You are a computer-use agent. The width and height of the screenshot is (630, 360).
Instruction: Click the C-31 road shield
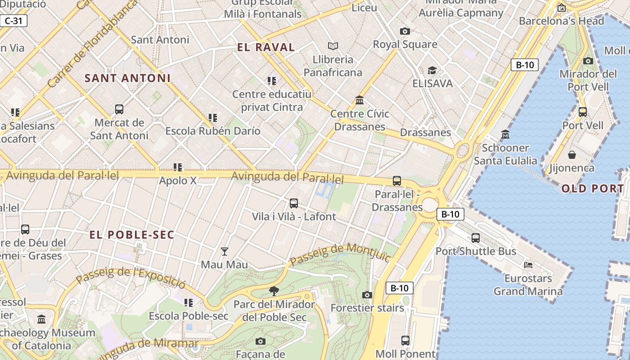[13, 21]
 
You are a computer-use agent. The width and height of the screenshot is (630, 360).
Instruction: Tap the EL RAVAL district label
[266, 47]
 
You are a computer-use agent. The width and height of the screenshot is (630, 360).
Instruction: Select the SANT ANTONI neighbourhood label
[128, 78]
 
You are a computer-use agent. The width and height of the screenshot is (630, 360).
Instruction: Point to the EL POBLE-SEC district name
[132, 234]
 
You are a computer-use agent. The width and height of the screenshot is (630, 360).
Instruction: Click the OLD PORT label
[593, 189]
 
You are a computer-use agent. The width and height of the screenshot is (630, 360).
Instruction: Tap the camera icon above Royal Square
[405, 31]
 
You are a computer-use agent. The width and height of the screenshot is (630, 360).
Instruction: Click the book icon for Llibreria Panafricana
[333, 46]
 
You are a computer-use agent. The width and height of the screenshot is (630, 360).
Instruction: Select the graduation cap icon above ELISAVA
[432, 70]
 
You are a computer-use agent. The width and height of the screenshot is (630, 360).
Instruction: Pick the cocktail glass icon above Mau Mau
[224, 251]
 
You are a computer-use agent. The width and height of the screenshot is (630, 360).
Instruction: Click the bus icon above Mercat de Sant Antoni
[119, 109]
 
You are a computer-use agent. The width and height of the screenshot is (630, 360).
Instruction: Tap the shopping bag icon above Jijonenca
[571, 155]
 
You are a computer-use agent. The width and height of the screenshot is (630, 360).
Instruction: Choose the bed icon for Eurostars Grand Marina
[528, 265]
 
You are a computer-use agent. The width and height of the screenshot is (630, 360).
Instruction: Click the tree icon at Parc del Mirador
[274, 291]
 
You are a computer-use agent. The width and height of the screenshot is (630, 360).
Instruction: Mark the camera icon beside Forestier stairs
[367, 295]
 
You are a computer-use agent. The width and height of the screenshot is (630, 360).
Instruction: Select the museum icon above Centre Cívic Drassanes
[359, 100]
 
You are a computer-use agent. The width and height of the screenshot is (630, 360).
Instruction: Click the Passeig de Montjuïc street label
[340, 254]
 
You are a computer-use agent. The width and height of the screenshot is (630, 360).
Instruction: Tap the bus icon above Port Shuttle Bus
[476, 238]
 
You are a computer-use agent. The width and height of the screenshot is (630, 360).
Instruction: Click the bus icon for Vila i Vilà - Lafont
[294, 203]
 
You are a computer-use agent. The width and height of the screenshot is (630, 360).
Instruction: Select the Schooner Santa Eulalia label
[505, 154]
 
